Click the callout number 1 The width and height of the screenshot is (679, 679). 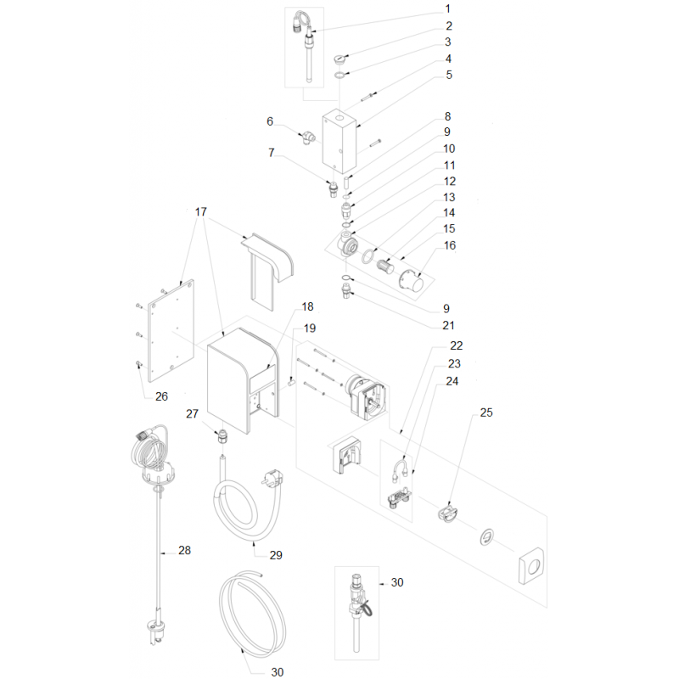click(448, 8)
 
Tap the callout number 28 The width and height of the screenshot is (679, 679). click(184, 550)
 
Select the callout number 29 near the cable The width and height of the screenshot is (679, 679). click(276, 555)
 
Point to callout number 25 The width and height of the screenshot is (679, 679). click(486, 412)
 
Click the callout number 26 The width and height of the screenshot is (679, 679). click(161, 396)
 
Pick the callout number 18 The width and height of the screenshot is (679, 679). click(307, 306)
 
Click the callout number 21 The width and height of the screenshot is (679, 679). click(449, 325)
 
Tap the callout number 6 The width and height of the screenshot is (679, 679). click(270, 121)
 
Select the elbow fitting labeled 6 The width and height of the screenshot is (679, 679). click(309, 137)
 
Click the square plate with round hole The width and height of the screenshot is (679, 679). click(531, 565)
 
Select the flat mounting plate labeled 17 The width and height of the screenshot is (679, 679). click(171, 331)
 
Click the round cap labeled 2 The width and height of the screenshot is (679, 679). click(340, 59)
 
